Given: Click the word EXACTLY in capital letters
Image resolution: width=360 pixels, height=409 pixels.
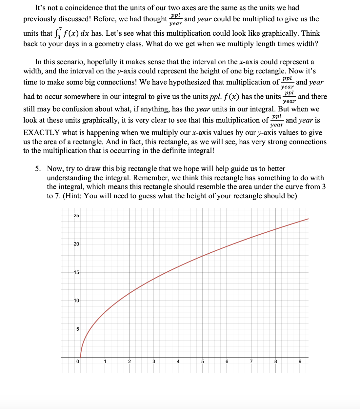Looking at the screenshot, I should [41, 133].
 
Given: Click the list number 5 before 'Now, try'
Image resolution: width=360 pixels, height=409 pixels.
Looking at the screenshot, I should [38, 169].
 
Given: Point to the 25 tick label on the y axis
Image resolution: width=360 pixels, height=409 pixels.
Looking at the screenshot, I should [76, 216].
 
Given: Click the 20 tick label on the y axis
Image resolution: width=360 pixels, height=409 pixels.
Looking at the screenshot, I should [76, 244].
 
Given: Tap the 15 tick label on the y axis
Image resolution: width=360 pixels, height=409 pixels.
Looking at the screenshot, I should [76, 272].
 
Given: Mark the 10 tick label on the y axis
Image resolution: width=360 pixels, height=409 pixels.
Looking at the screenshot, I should [76, 301].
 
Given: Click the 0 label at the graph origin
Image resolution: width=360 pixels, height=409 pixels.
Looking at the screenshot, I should [77, 361].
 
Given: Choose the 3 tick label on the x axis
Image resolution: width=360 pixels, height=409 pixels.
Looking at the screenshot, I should [154, 361].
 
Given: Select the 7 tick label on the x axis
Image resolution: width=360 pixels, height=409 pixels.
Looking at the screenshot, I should [251, 361].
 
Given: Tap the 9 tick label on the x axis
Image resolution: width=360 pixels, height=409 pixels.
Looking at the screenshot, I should [300, 361].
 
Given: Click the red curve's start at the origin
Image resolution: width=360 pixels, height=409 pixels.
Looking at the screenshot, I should [81, 357].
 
